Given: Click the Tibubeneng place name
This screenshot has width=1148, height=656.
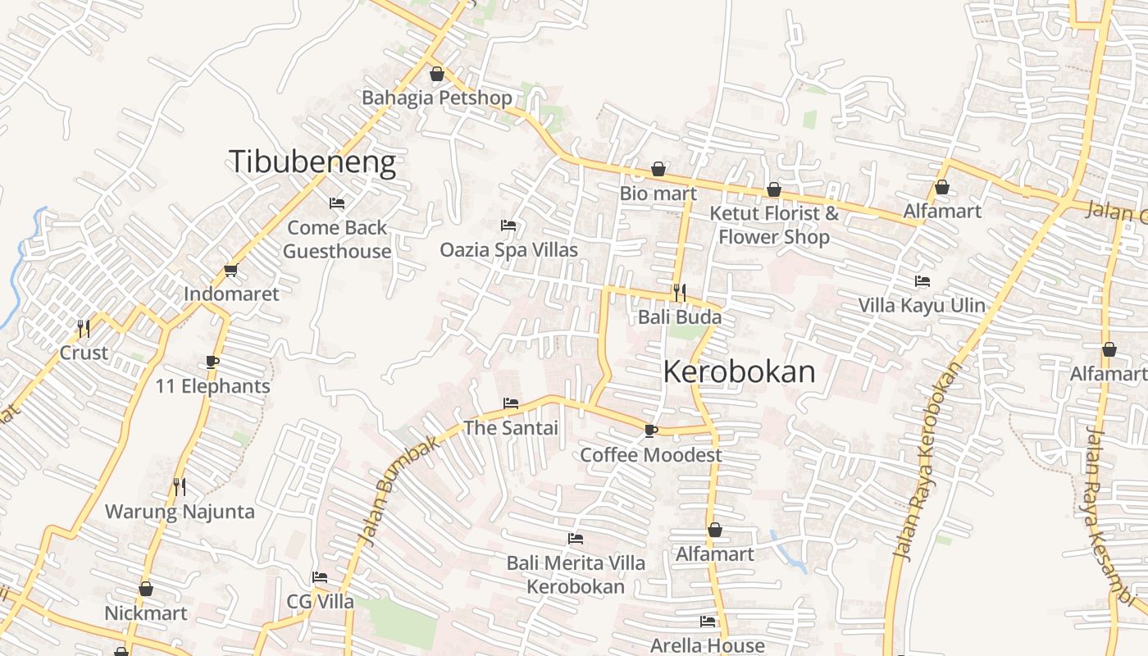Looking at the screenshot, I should (x=312, y=162).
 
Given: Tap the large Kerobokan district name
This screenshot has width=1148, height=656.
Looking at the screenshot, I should (x=739, y=372).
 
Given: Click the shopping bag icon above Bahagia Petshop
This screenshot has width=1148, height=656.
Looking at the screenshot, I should (x=437, y=75).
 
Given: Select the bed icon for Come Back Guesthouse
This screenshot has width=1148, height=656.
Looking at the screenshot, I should (x=336, y=203).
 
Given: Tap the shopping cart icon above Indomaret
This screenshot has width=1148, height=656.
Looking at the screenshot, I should (x=230, y=270).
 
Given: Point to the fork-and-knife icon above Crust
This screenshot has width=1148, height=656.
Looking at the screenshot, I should (x=83, y=329).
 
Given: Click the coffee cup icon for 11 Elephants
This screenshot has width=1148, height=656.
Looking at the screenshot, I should (x=212, y=362).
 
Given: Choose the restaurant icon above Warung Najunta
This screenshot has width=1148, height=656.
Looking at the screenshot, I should (x=180, y=487).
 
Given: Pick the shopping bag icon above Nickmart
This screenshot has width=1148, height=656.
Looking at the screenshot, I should (x=146, y=589).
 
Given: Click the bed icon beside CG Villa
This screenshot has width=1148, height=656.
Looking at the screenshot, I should (x=320, y=577).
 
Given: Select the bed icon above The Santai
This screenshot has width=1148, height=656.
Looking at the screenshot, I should (x=510, y=403).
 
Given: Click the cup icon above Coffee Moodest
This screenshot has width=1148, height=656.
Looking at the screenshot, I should (x=651, y=430).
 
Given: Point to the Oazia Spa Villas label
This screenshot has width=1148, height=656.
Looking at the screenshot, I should (x=508, y=249).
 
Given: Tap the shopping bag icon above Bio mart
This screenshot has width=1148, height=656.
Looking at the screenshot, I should (x=658, y=170).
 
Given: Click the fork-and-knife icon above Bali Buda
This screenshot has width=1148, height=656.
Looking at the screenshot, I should (x=679, y=292).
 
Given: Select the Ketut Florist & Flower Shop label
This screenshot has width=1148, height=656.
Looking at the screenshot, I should (x=774, y=225).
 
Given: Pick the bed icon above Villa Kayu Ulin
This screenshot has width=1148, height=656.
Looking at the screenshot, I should (x=922, y=281).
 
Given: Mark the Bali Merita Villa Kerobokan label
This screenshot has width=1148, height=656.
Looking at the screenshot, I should (x=576, y=575).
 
